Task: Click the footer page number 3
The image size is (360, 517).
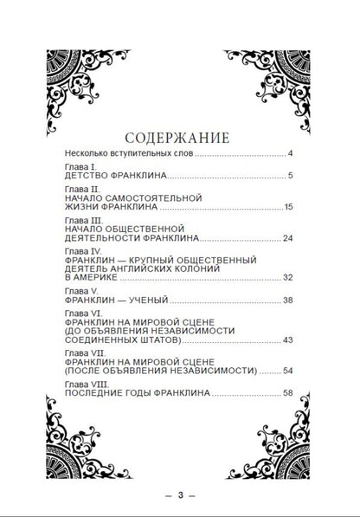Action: point(181,495)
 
